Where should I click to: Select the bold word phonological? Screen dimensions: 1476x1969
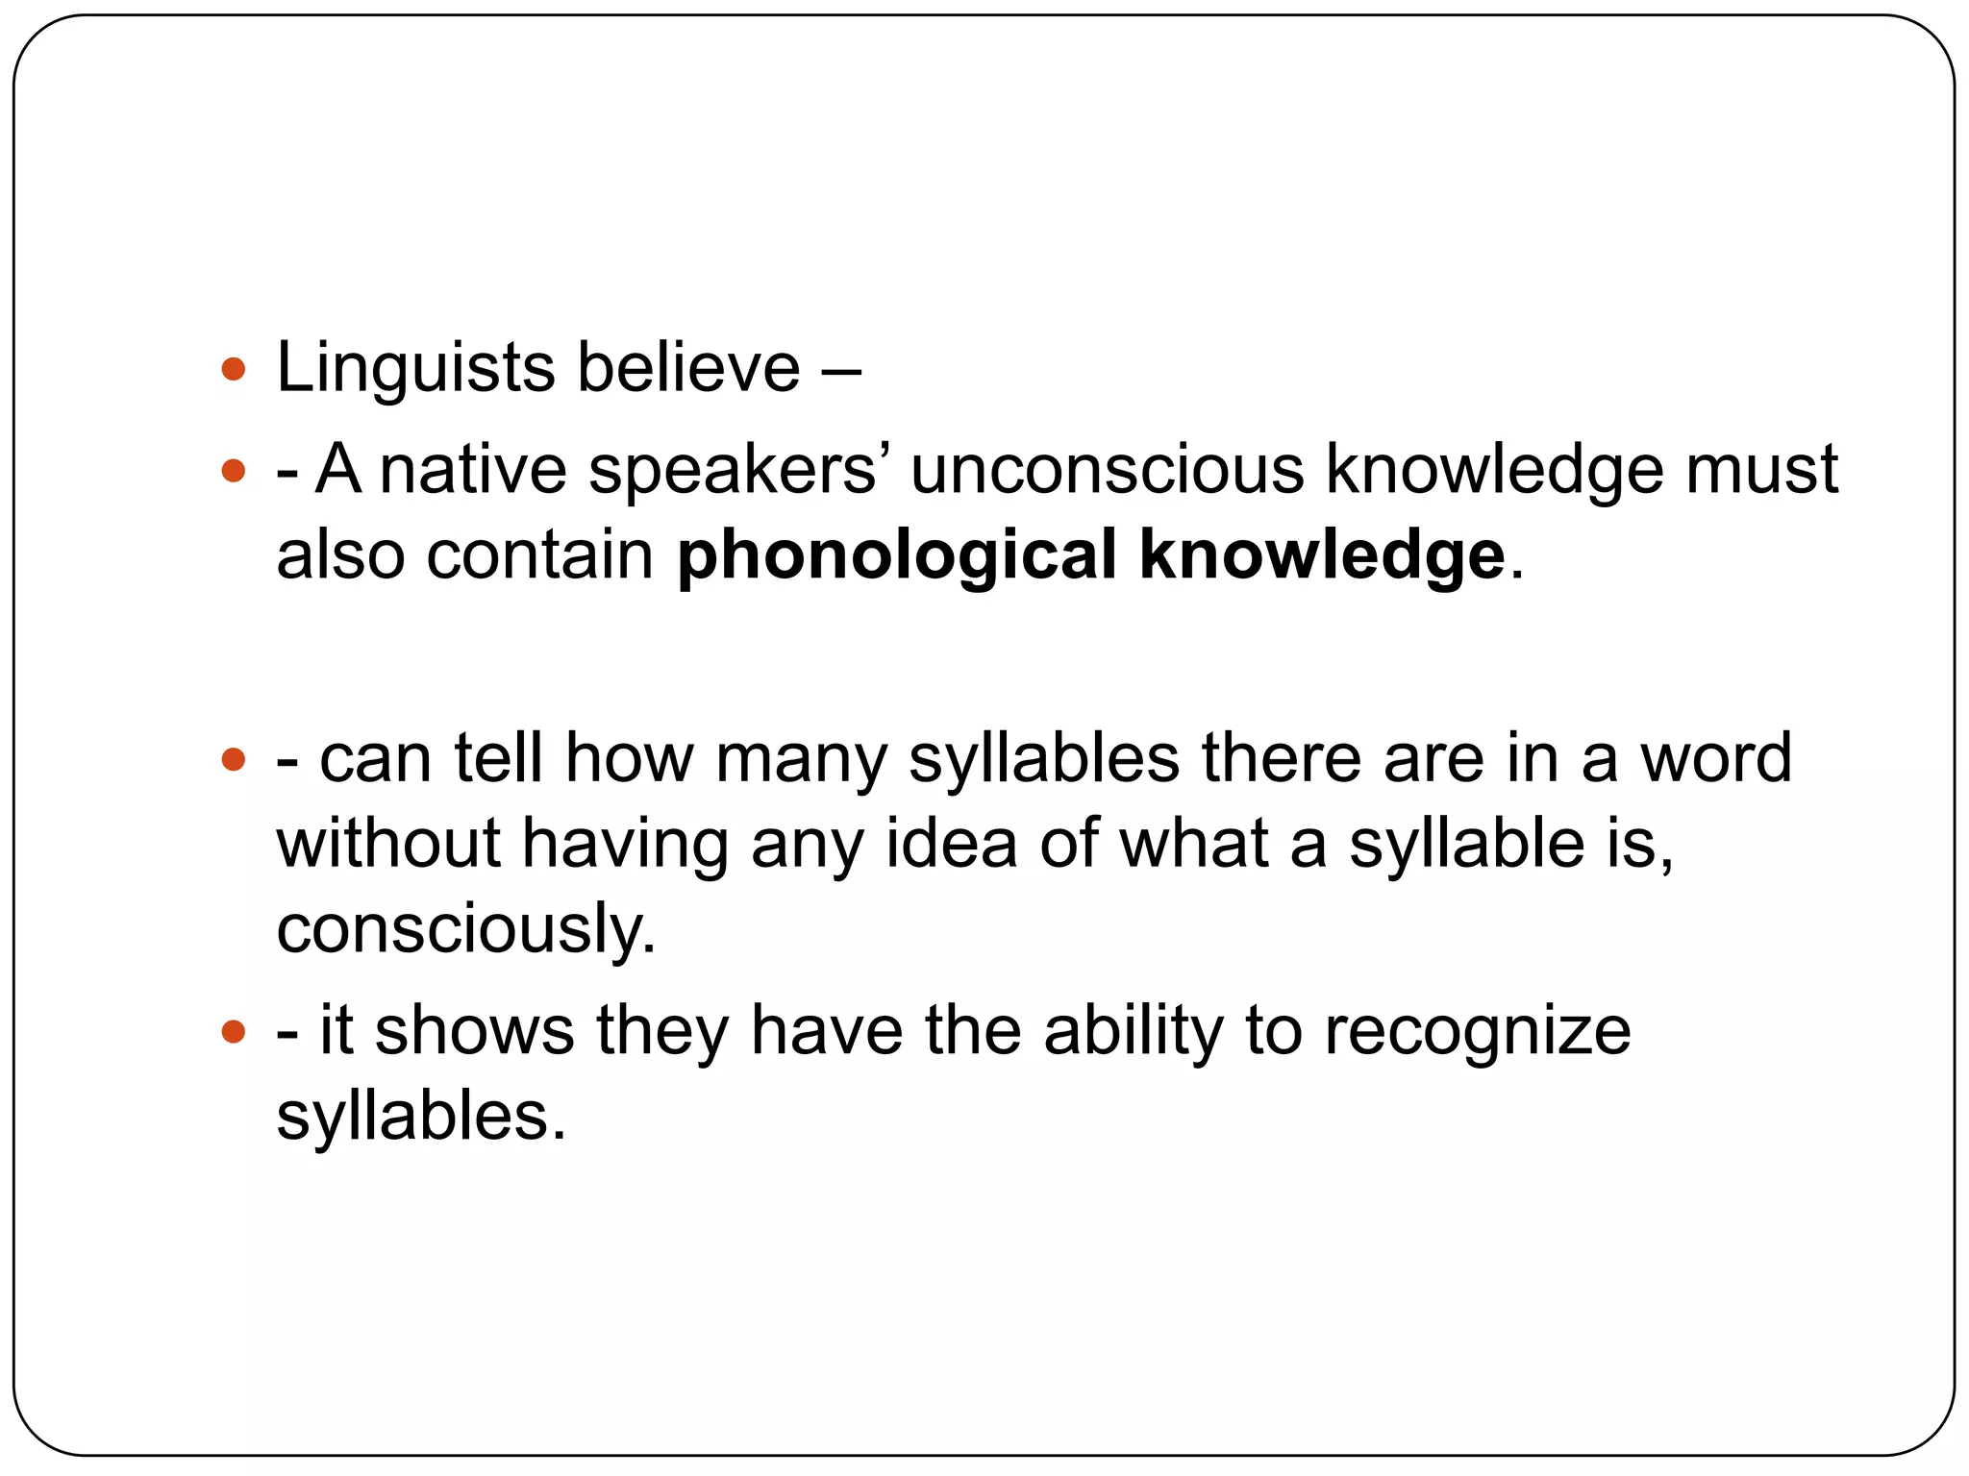(896, 557)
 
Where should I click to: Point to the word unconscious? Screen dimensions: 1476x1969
(1107, 470)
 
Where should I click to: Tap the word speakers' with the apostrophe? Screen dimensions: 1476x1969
(732, 472)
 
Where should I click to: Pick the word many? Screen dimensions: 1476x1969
(800, 760)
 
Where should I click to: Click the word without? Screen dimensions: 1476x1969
(388, 844)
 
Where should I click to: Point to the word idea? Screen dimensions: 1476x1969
(950, 844)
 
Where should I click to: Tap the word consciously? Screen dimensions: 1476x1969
(466, 930)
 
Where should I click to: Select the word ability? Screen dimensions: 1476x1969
(1133, 1031)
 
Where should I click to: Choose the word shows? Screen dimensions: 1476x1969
(474, 1031)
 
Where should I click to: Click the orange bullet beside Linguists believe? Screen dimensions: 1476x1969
(234, 369)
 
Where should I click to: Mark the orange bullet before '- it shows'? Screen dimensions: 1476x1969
(234, 1033)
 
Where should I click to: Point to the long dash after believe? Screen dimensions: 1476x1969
(841, 369)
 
